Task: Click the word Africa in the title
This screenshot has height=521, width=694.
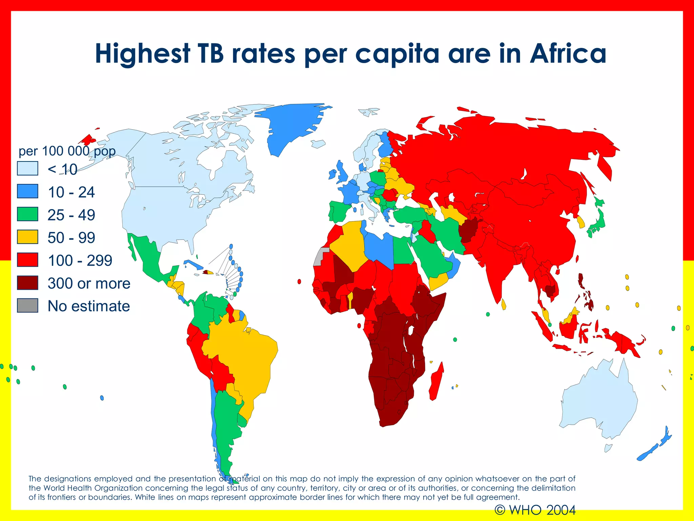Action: point(568,54)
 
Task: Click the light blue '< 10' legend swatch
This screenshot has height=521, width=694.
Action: point(27,169)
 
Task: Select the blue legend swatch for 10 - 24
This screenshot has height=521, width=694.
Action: point(27,191)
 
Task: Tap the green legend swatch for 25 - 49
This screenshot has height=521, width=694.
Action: point(27,214)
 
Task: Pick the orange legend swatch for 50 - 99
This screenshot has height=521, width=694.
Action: point(27,237)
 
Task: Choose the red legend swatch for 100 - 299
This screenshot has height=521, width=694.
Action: point(27,260)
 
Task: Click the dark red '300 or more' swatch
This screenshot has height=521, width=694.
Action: point(27,283)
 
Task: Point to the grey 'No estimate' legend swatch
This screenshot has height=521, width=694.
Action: point(27,305)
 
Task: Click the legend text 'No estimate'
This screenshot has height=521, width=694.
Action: point(89,306)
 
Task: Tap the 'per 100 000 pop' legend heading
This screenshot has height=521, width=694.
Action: point(67,151)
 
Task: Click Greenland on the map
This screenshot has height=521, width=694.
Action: point(291,126)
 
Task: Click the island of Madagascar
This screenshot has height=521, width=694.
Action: point(436,382)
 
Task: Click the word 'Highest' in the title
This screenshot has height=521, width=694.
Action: point(142,54)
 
